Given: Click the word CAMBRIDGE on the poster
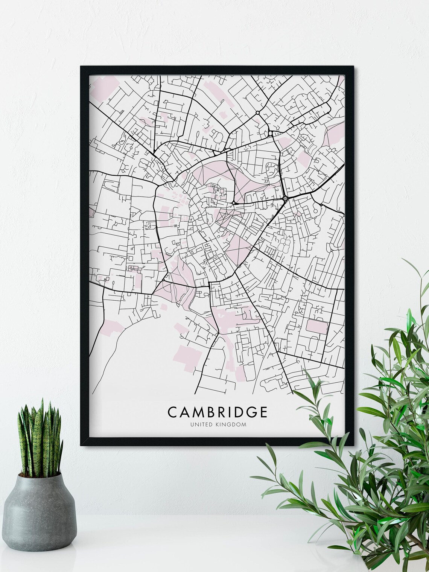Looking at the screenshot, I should [218, 411].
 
